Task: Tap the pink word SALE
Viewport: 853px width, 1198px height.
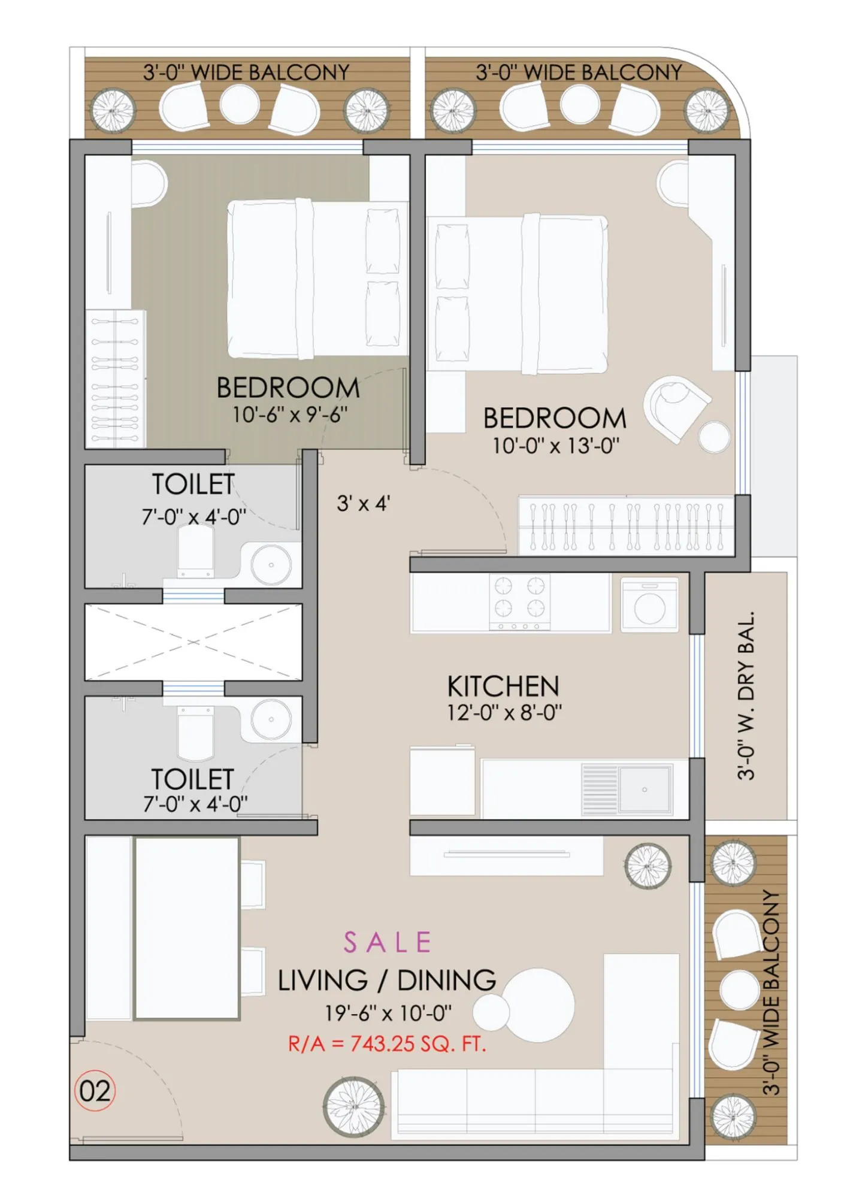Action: tap(388, 942)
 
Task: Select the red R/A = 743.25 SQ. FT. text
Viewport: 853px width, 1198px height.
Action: tap(387, 1044)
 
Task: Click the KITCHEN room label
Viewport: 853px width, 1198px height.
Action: tap(503, 686)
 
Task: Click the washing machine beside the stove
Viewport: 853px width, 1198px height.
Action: tap(649, 605)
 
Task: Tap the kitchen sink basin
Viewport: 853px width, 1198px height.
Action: tap(645, 789)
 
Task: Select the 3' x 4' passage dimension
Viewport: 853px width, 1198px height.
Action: tap(363, 503)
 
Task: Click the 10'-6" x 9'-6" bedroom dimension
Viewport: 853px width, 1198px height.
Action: tap(290, 415)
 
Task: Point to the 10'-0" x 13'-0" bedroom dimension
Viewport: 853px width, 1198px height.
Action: tap(555, 446)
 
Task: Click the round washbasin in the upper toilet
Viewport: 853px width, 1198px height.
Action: tap(271, 564)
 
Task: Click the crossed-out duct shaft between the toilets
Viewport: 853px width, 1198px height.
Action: tap(193, 642)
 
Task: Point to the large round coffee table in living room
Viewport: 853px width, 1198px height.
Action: tap(537, 1006)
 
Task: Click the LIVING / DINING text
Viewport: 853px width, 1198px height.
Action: tap(387, 981)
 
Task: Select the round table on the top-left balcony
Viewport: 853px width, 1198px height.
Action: tap(240, 104)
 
